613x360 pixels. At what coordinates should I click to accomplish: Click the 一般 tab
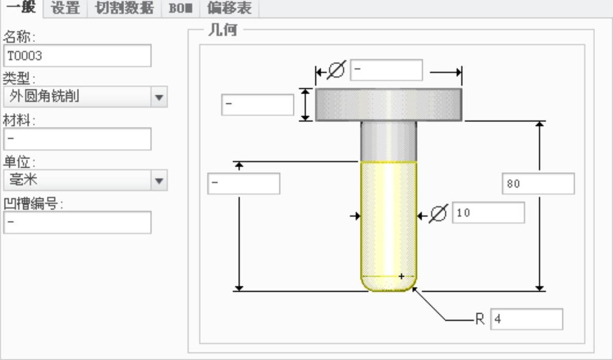click(x=21, y=8)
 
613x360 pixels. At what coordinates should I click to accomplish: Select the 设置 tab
click(x=66, y=8)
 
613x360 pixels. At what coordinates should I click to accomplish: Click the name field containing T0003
click(x=77, y=56)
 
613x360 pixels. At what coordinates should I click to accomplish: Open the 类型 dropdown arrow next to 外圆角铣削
click(x=160, y=97)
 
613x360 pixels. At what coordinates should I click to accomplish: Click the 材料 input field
click(x=77, y=139)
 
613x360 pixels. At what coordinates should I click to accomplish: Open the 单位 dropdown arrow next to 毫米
click(x=160, y=181)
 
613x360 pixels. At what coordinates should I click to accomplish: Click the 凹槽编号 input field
click(x=77, y=223)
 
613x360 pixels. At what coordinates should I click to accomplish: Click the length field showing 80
click(x=538, y=184)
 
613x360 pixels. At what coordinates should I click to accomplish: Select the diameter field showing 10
click(x=488, y=213)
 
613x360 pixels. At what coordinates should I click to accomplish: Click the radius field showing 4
click(x=527, y=319)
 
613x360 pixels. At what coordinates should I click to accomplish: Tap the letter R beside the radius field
click(x=480, y=319)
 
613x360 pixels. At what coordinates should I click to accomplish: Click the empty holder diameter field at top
click(x=386, y=70)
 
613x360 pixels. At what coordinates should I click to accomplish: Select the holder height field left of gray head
click(x=257, y=104)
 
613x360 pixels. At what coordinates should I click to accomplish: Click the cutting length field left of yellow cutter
click(x=243, y=184)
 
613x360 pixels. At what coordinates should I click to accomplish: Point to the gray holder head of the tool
click(x=388, y=104)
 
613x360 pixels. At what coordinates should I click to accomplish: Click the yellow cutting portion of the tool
click(x=388, y=221)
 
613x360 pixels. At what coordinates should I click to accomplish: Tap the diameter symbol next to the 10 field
click(x=438, y=213)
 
